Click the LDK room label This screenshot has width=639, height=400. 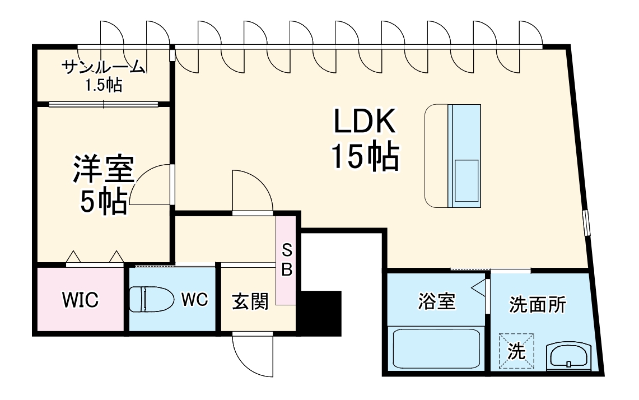coord(365,120)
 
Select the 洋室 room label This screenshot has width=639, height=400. coord(104,169)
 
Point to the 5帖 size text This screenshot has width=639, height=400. coord(104,201)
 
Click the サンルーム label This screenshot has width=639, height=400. coord(104,67)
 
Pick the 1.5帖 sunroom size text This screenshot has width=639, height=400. coord(104,85)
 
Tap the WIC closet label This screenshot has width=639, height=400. coord(80,300)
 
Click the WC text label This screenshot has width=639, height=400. coord(194,300)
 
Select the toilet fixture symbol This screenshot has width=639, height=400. coord(151,299)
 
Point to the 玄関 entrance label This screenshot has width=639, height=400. coord(250,302)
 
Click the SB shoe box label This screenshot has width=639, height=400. coord(287,260)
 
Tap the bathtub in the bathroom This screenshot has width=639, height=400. coord(436,348)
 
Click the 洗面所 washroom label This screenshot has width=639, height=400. coord(538,304)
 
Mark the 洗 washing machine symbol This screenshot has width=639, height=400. coord(516,351)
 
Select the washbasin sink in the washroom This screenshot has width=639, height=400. coord(568,355)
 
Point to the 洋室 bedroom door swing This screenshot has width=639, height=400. coord(152,184)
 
